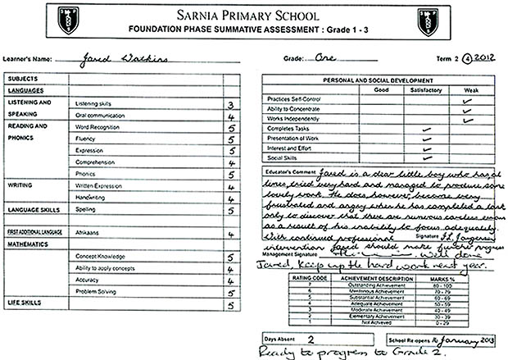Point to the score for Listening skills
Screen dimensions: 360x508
tap(233, 105)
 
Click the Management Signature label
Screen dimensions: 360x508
tap(289, 254)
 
